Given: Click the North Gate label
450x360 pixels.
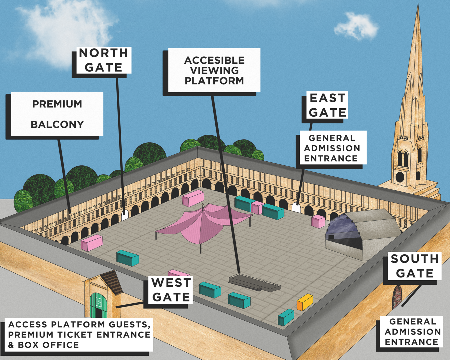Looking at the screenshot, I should tap(103, 60).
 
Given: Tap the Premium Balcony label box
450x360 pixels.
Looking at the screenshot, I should tap(57, 114).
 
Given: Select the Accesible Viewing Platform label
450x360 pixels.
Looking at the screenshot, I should tap(214, 70).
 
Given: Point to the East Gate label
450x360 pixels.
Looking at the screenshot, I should tap(328, 105).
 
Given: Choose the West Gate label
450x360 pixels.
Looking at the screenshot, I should tap(171, 290).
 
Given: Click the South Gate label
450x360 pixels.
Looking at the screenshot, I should tap(415, 266).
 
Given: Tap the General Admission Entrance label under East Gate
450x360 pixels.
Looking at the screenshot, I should tap(332, 148).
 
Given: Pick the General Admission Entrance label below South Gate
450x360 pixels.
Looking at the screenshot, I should tap(413, 332).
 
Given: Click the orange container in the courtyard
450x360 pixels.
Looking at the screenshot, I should tap(305, 302).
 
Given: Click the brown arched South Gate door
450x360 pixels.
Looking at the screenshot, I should tap(397, 297).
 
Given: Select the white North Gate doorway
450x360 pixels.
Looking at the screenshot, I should tap(125, 215).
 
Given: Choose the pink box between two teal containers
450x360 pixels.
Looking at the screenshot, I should tap(257, 207).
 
